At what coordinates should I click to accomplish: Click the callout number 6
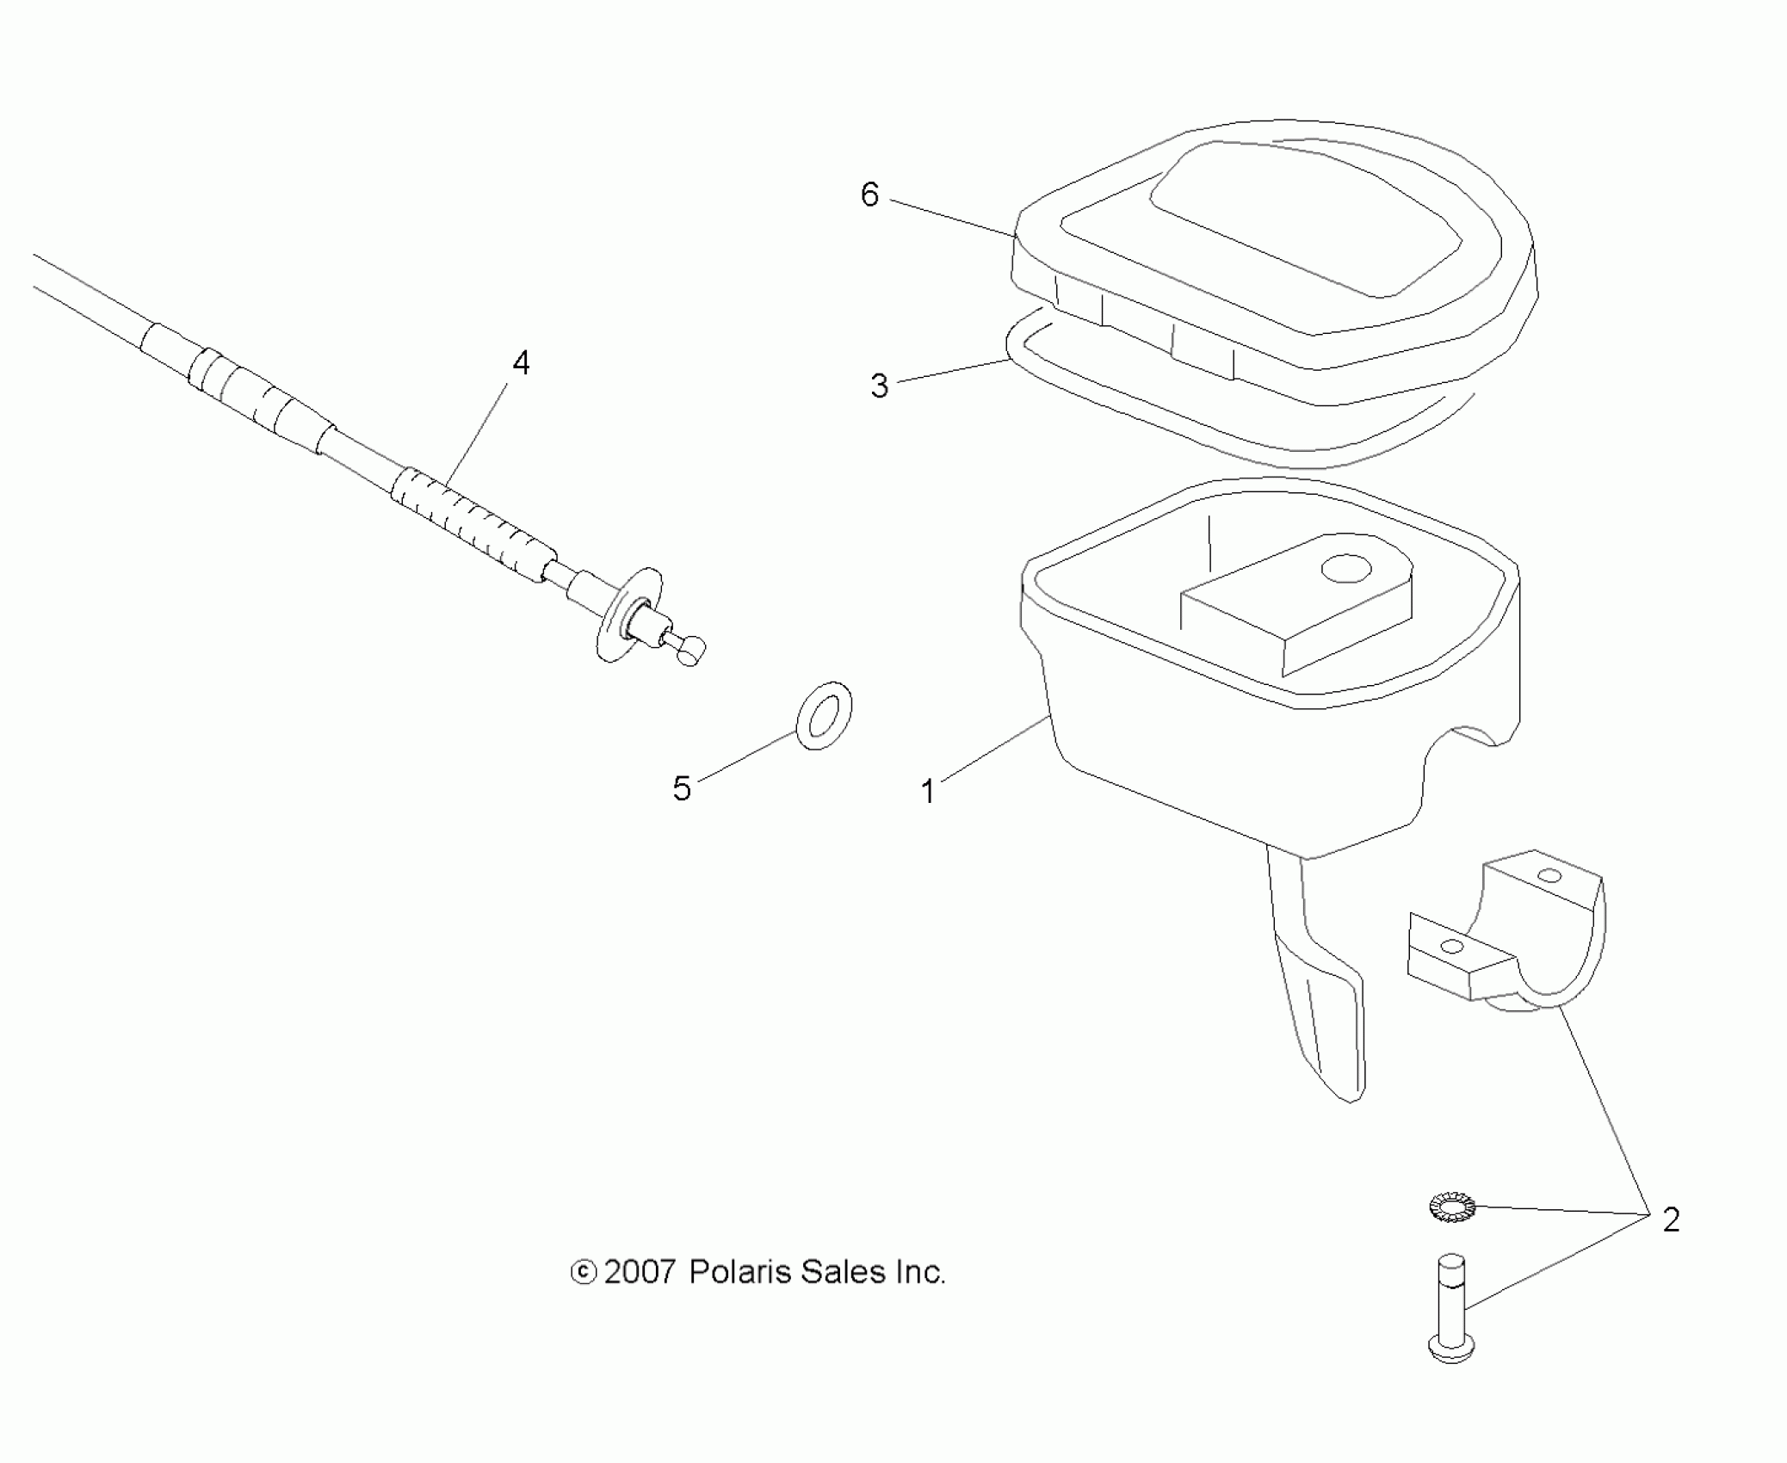click(869, 195)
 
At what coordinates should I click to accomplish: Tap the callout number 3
click(879, 386)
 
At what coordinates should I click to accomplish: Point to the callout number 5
click(682, 788)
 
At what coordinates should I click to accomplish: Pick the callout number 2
click(1671, 1219)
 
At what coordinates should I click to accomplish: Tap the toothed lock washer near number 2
click(1451, 1207)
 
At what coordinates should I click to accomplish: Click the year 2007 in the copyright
click(640, 1272)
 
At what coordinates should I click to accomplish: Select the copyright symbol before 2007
click(584, 1273)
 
